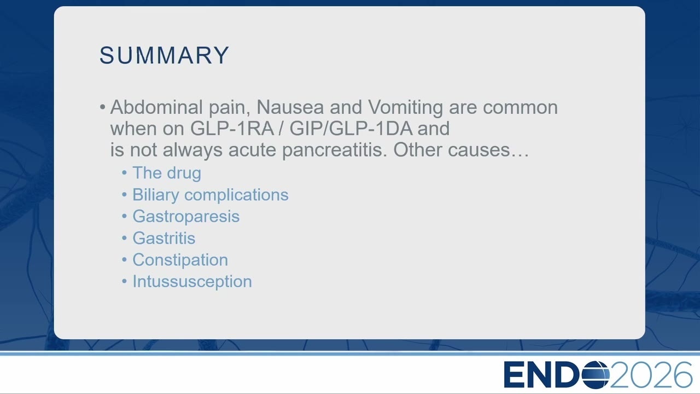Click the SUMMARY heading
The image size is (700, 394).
165,55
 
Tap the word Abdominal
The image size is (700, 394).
156,107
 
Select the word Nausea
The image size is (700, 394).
290,107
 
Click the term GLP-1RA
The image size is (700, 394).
232,128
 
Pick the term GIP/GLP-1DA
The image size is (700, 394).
351,128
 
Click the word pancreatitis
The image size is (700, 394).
334,150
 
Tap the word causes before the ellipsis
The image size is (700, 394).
479,150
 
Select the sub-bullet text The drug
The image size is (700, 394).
167,173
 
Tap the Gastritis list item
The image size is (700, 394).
164,238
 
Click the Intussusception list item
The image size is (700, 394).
192,282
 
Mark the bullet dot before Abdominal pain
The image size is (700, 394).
102,107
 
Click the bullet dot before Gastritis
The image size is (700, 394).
124,238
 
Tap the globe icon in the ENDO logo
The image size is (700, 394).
596,375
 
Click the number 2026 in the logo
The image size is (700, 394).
651,375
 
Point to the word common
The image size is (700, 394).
520,108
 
